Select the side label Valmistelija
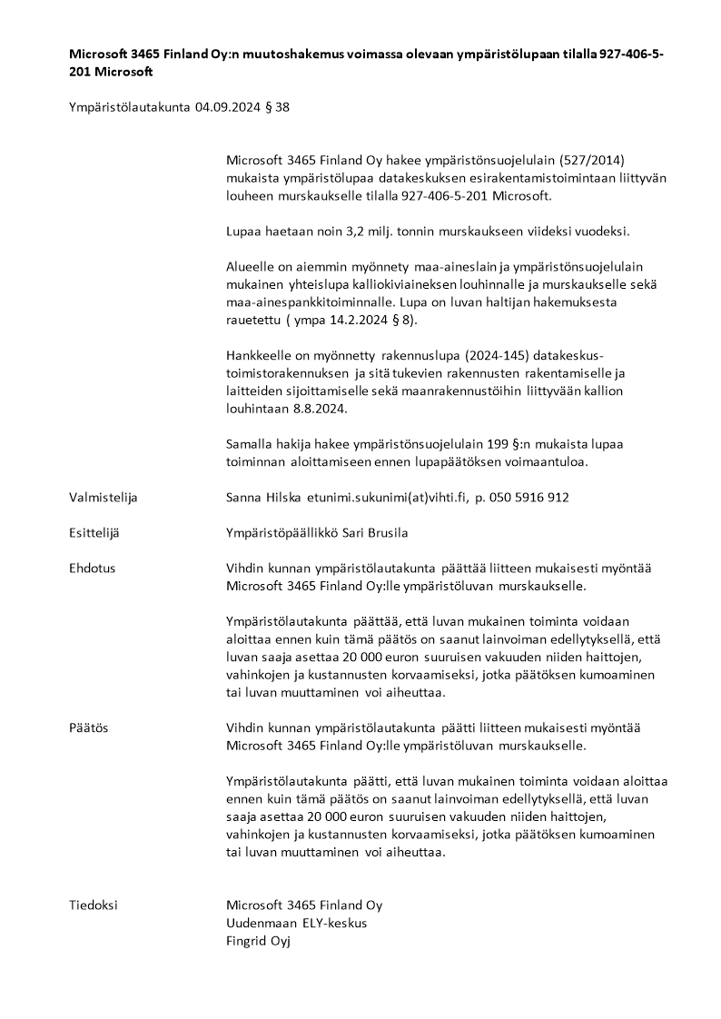[103, 498]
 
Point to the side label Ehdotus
[92, 569]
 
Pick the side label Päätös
[88, 728]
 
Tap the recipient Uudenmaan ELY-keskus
[296, 923]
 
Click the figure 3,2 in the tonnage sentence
[351, 231]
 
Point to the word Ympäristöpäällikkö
[281, 533]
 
